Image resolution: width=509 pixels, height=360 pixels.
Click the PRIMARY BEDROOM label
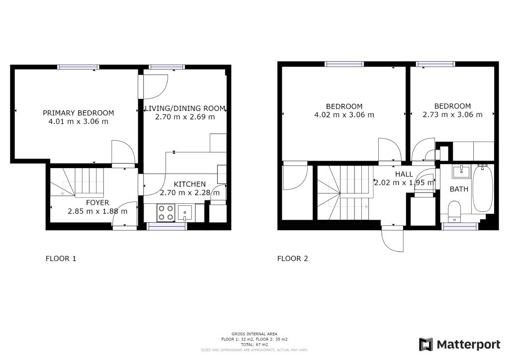pyautogui.click(x=78, y=113)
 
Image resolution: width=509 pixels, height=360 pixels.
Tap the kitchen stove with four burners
pyautogui.click(x=166, y=213)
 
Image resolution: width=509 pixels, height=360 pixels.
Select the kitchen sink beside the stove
pyautogui.click(x=185, y=213)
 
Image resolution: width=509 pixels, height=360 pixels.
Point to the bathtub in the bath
pyautogui.click(x=483, y=188)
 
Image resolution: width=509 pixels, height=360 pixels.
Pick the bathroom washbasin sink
pyautogui.click(x=461, y=172)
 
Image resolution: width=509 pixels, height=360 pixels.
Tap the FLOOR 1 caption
pyautogui.click(x=61, y=259)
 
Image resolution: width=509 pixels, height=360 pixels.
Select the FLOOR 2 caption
pyautogui.click(x=292, y=259)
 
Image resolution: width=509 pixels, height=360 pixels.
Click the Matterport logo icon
pyautogui.click(x=426, y=345)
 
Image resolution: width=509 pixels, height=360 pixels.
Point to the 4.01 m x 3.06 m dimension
pyautogui.click(x=78, y=122)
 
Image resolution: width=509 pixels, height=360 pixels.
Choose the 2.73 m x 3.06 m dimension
pyautogui.click(x=452, y=114)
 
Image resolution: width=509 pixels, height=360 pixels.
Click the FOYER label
pyautogui.click(x=97, y=203)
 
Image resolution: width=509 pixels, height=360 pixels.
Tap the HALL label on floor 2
pyautogui.click(x=404, y=175)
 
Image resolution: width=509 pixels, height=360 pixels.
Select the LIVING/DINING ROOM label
pyautogui.click(x=185, y=108)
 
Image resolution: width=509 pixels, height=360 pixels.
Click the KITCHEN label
pyautogui.click(x=189, y=184)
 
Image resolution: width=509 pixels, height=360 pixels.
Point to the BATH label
pyautogui.click(x=459, y=189)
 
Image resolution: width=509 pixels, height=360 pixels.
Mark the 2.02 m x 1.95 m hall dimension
pyautogui.click(x=404, y=183)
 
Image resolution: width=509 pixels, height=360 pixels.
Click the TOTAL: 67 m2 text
pyautogui.click(x=254, y=345)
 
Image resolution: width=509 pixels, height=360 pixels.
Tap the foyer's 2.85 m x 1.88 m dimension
pyautogui.click(x=97, y=211)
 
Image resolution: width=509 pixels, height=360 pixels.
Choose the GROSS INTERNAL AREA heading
pyautogui.click(x=254, y=334)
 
